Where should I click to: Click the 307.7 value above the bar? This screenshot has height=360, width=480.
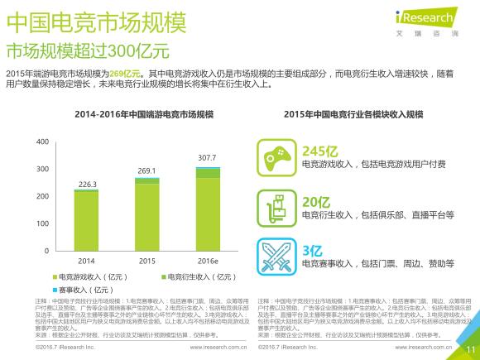pyautogui.click(x=207, y=157)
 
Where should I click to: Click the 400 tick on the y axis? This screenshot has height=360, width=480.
pyautogui.click(x=43, y=142)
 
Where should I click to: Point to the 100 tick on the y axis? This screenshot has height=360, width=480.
pyautogui.click(x=43, y=223)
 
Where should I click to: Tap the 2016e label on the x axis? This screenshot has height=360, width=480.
pyautogui.click(x=207, y=260)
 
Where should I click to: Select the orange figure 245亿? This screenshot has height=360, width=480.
pyautogui.click(x=319, y=151)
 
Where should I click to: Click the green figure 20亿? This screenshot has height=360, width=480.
pyautogui.click(x=315, y=201)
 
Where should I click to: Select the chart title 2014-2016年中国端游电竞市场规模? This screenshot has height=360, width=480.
pyautogui.click(x=142, y=113)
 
